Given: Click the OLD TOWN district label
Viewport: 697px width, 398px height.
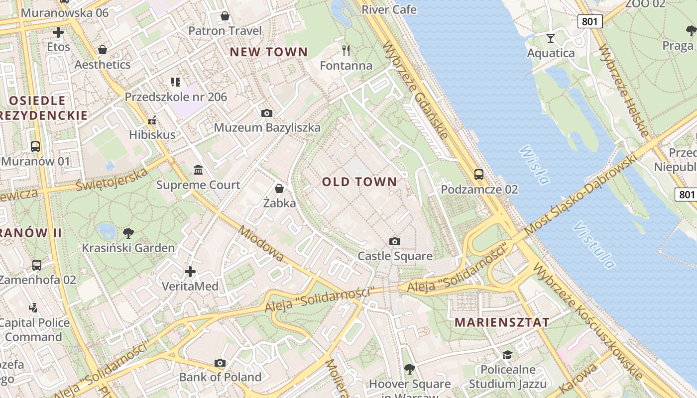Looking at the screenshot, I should pos(359,182).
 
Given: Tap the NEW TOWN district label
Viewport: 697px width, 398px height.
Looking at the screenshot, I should pos(268,52).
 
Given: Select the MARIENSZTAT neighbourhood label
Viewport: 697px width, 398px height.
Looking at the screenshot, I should pos(502,322).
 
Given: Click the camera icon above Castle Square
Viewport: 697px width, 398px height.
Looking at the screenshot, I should pos(394,242).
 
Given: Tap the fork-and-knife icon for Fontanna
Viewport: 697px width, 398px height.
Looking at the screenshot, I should pos(346,50).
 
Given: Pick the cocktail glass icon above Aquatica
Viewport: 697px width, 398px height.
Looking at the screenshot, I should pos(551,38).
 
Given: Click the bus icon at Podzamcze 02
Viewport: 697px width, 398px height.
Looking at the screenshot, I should pos(478,175).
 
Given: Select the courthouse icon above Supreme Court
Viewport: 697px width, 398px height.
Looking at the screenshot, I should pos(198,170).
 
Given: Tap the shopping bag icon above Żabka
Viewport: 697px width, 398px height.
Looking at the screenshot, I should pos(279,188).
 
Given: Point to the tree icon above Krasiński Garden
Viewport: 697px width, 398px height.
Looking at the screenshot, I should pos(128,233).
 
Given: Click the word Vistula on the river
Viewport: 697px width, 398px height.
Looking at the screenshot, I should pos(593,245).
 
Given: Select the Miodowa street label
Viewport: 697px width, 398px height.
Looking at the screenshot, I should pos(261,243).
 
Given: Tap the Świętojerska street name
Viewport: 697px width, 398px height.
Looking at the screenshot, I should pos(112,179).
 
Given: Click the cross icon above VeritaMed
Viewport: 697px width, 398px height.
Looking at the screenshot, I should pos(190,272).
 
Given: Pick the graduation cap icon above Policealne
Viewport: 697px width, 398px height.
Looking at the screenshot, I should pos(507,355).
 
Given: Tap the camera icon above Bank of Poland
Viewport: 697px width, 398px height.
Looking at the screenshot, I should pos(220,363).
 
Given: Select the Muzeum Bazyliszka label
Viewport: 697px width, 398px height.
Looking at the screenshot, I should pos(267,128).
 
